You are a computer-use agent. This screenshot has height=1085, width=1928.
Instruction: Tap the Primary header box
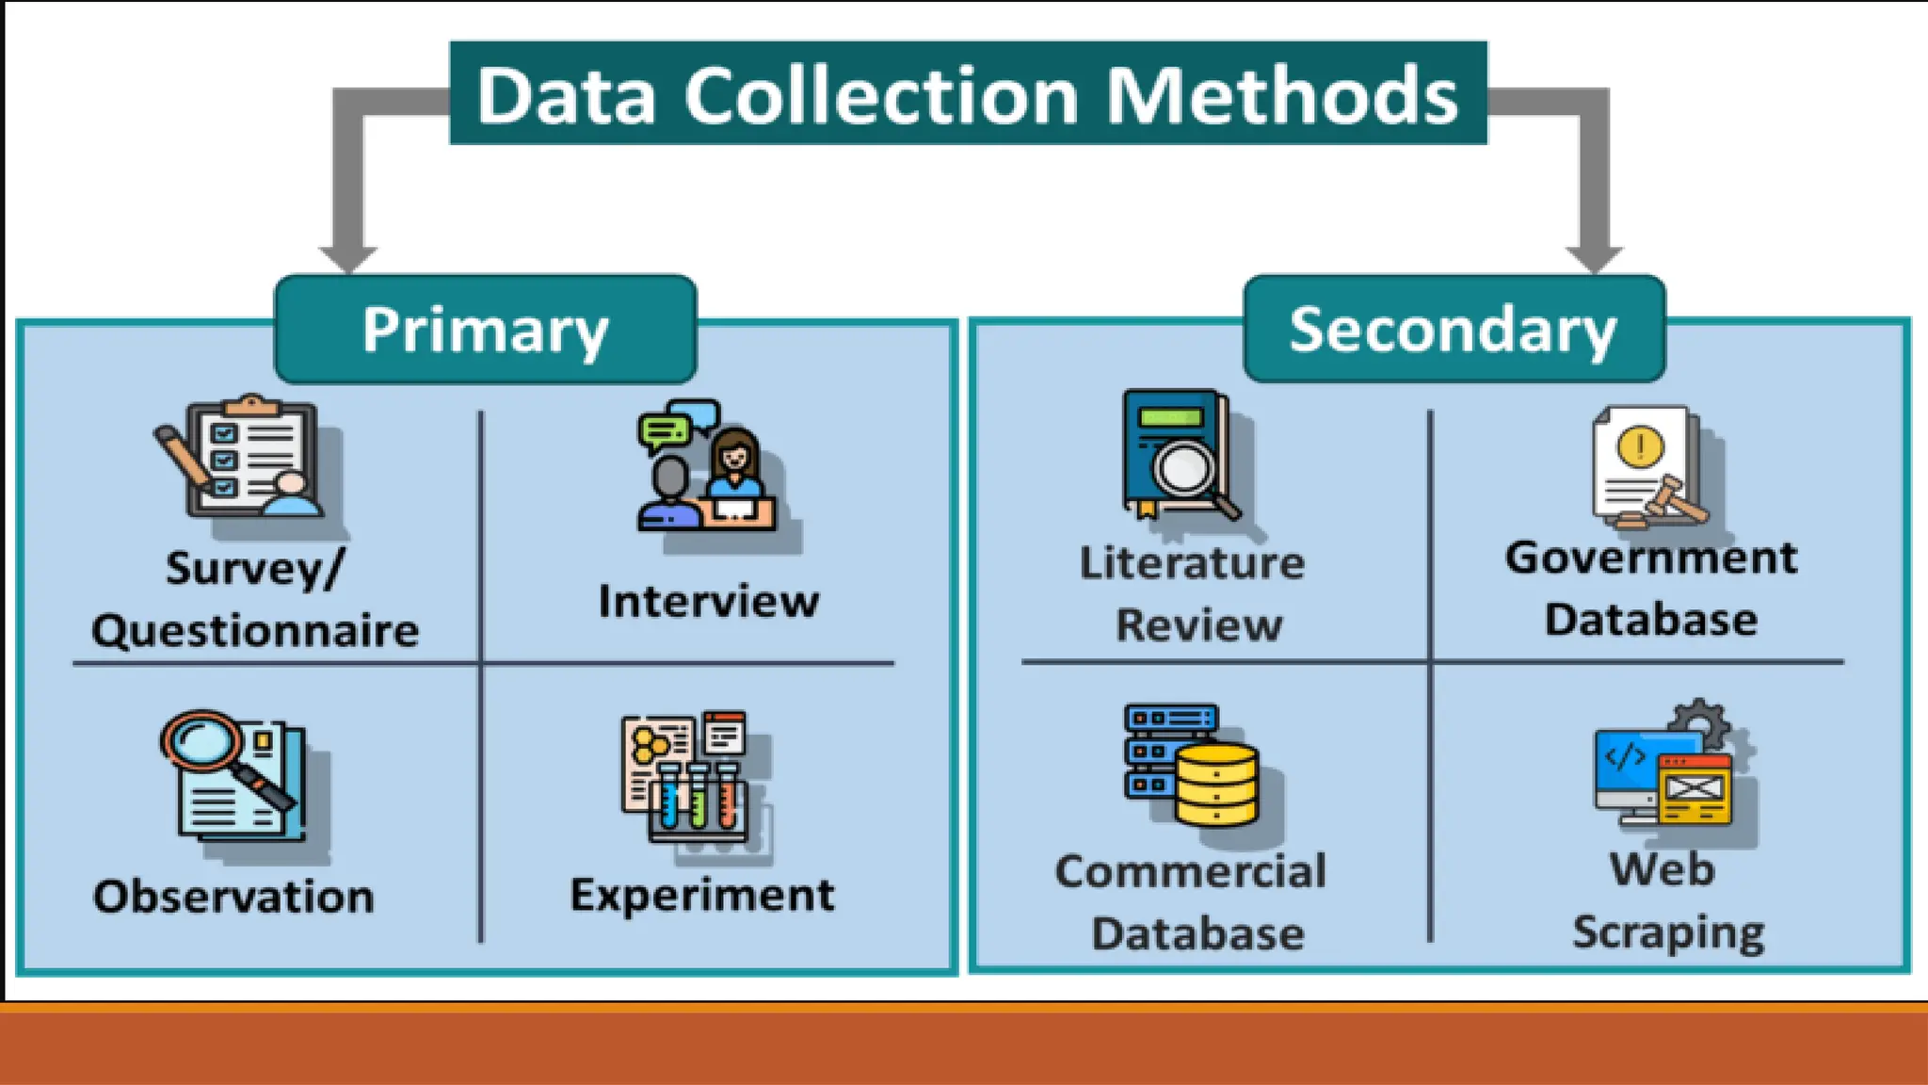(485, 330)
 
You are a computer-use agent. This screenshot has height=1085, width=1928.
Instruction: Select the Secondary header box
(1454, 330)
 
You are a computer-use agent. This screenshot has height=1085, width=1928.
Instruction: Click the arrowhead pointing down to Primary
(348, 256)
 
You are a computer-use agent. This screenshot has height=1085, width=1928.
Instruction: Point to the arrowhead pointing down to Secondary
(1594, 256)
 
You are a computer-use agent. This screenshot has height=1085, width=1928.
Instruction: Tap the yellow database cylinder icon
(1216, 784)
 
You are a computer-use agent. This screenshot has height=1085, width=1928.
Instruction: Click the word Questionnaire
(255, 630)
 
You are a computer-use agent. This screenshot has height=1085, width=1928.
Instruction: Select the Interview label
(708, 601)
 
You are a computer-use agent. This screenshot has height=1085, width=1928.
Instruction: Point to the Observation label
(233, 896)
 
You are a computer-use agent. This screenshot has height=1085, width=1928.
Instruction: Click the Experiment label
(701, 895)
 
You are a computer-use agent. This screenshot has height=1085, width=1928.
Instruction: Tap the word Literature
(1192, 563)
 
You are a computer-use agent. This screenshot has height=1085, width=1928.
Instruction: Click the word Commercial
(1190, 871)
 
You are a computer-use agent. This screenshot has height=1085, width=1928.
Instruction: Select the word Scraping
(1668, 932)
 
